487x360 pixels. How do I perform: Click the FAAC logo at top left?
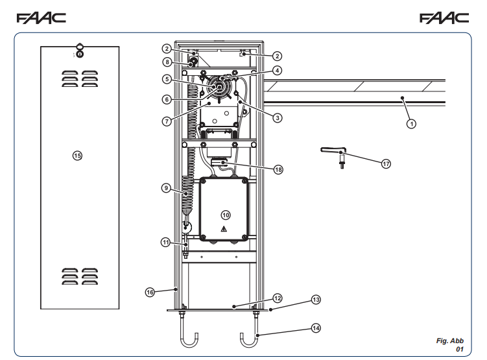tap(42, 18)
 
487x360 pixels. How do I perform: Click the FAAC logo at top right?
tap(444, 18)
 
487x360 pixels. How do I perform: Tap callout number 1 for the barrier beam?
tap(411, 124)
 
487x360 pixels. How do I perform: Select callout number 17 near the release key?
tap(386, 163)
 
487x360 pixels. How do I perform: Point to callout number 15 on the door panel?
tap(77, 156)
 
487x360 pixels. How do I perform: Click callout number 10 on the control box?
tap(226, 215)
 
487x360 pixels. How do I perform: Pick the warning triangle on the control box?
tap(224, 229)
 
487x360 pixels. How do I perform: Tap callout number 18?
tap(278, 169)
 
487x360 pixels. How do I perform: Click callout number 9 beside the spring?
tap(166, 188)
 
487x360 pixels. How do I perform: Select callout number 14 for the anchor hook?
tap(316, 328)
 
